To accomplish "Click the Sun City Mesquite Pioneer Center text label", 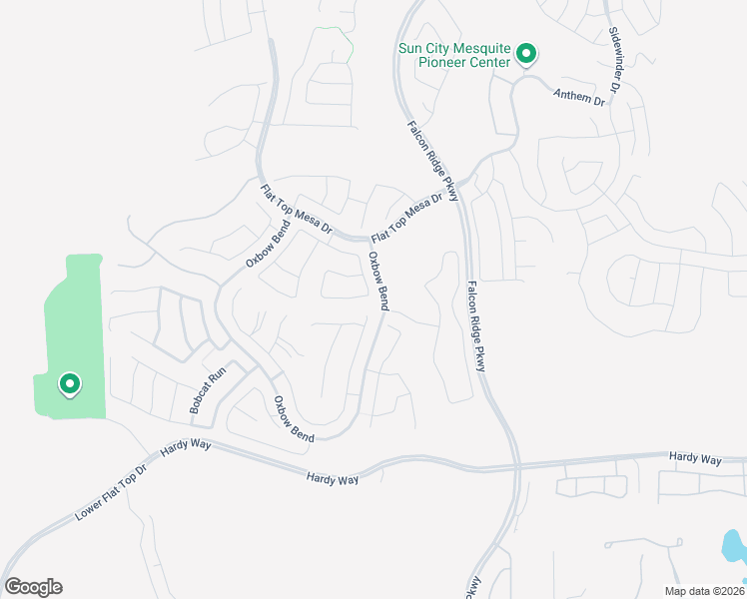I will pos(454,54).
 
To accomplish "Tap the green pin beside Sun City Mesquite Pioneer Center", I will pos(527,55).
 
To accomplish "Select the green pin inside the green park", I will pos(70,383).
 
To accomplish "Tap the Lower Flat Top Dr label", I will pos(110,493).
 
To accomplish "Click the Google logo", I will pos(33,587).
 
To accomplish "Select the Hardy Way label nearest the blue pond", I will pos(696,458).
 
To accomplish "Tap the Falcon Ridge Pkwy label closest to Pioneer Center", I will pos(432,160).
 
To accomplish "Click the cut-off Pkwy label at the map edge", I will pos(473,587).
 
